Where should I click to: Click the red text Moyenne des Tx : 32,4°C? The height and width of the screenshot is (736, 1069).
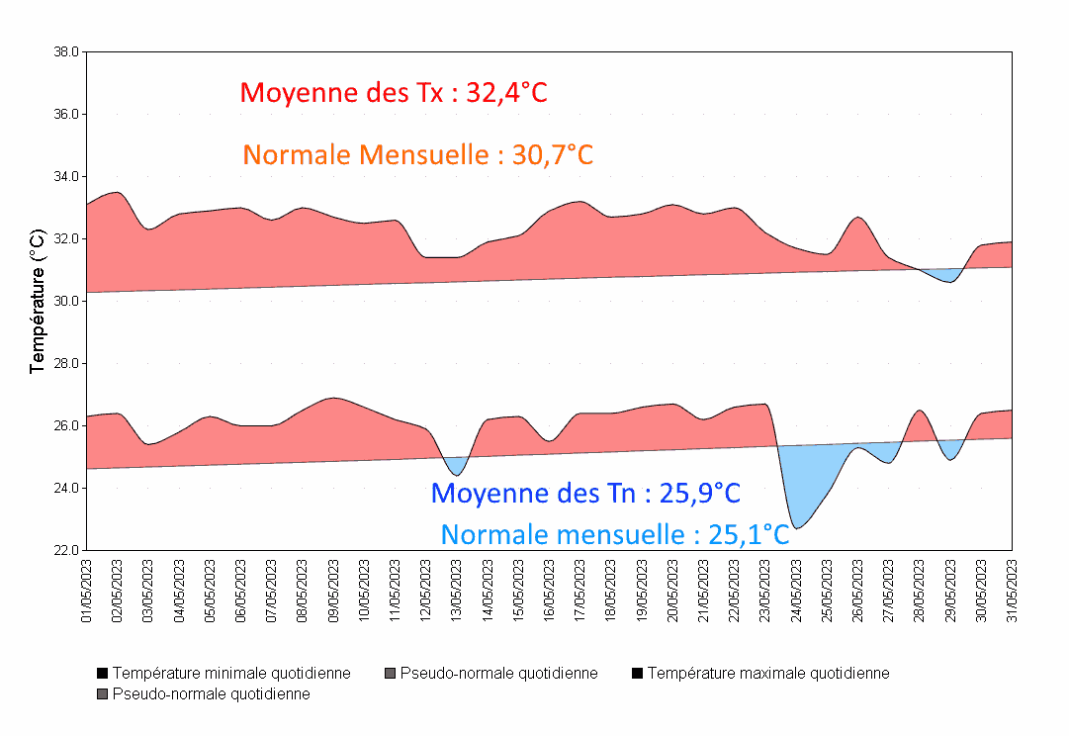tap(394, 93)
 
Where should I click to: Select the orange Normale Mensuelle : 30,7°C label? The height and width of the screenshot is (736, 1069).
tap(417, 155)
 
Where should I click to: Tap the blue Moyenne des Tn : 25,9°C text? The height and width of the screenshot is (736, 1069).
tap(585, 493)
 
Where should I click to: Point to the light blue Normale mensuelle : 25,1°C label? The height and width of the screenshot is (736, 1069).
tap(615, 535)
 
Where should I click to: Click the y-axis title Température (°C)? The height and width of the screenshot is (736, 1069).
tap(38, 301)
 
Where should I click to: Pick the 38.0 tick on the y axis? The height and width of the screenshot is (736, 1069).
tap(67, 51)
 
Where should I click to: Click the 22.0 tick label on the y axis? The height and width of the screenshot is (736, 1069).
tap(67, 551)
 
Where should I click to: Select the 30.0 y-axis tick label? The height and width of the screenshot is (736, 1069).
tap(67, 301)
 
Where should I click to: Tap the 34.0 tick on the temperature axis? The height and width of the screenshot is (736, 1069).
tap(67, 177)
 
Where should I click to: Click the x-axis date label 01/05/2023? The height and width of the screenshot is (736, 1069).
tap(87, 591)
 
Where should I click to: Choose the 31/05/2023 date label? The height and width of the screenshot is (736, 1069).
tap(1013, 591)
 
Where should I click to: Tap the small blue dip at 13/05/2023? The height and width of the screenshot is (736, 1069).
tap(456, 465)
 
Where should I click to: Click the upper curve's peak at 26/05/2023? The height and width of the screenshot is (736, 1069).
tap(858, 220)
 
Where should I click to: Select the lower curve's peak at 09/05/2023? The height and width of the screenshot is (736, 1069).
tap(334, 400)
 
